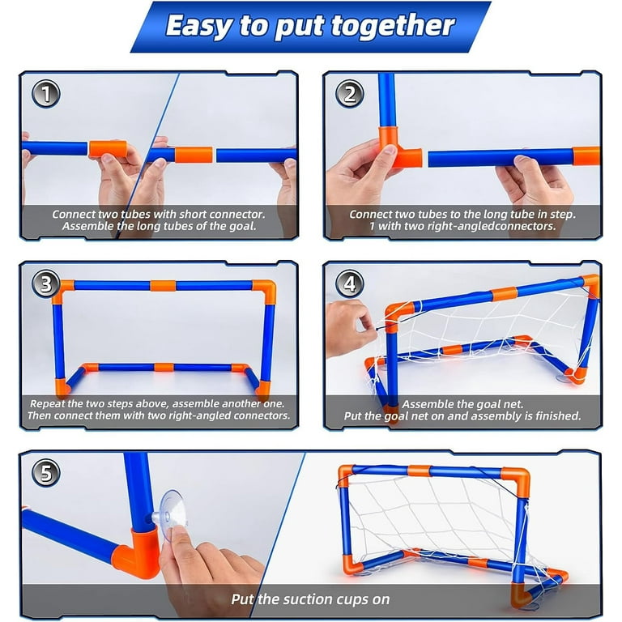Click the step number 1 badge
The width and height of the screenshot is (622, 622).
pos(46,94)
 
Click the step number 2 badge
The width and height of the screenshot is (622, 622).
pos(350,94)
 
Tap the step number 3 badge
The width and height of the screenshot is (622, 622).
pos(46,283)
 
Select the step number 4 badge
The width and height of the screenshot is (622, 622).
pos(350,283)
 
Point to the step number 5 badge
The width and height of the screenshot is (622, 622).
pos(46,473)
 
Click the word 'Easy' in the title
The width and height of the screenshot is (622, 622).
pos(198,26)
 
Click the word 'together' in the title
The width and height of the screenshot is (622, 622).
pos(393,26)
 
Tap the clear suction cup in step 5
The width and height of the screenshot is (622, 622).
pos(171,516)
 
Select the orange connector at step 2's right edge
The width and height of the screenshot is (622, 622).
pos(586,155)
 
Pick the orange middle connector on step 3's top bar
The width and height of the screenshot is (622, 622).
pos(163,286)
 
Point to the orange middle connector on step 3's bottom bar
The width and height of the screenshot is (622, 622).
pos(164,368)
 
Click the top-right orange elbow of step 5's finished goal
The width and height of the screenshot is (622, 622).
pos(517,480)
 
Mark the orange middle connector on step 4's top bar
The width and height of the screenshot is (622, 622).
pos(504,294)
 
